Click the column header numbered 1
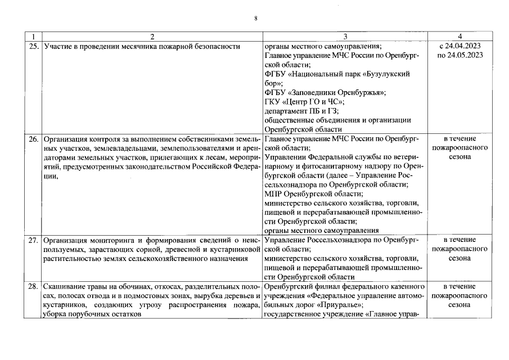click(x=34, y=36)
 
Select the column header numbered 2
click(x=152, y=36)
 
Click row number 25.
click(x=33, y=46)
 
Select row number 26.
click(x=33, y=138)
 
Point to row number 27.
click(x=33, y=240)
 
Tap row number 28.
click(x=33, y=286)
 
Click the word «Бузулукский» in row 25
click(x=386, y=74)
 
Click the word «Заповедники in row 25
click(x=314, y=92)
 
